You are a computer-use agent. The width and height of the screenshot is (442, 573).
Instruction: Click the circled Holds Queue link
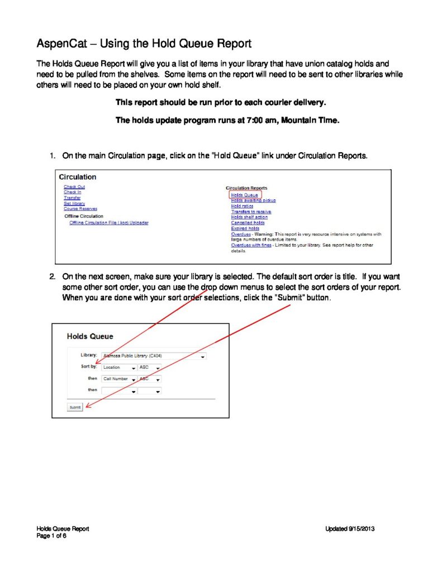(244, 195)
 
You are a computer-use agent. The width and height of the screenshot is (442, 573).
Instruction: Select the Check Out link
(74, 186)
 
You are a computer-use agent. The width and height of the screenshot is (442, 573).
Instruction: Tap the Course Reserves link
(80, 209)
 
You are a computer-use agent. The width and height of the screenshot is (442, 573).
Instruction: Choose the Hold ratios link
(241, 206)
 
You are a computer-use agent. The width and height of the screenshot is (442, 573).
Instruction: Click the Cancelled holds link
(246, 223)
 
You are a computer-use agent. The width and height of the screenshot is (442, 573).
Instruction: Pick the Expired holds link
(244, 228)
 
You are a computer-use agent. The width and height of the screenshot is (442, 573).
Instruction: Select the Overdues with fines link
(251, 245)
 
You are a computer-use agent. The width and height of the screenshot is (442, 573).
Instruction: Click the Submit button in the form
(75, 407)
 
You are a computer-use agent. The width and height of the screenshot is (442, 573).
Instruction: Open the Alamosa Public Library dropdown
(154, 355)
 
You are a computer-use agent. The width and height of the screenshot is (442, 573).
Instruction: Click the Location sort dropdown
(119, 368)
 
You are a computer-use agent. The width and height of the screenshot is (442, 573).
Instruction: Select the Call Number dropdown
(119, 379)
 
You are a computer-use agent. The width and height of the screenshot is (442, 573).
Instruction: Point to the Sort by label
(89, 367)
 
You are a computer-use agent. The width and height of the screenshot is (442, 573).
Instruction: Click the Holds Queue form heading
(90, 336)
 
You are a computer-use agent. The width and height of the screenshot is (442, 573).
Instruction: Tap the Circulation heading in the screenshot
(78, 177)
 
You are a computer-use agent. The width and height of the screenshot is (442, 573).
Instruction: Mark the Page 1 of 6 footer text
(51, 536)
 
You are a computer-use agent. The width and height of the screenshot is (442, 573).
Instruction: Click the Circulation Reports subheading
(246, 188)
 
